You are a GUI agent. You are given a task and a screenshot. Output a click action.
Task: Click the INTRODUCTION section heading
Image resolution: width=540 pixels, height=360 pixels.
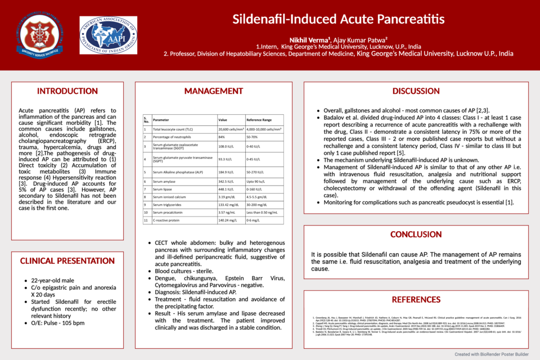(67, 91)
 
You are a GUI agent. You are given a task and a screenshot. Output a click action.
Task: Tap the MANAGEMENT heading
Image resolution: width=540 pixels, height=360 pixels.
(214, 91)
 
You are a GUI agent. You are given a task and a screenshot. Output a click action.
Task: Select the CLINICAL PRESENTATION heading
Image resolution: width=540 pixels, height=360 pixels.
(67, 261)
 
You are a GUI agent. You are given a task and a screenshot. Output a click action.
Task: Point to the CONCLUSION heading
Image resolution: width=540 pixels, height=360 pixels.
(416, 235)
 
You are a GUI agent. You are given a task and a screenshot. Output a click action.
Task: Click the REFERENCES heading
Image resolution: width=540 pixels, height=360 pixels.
(416, 299)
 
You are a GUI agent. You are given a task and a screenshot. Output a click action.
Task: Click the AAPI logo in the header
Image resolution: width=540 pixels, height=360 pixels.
(108, 35)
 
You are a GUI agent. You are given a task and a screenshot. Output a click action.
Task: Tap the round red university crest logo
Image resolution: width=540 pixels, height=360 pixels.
(40, 35)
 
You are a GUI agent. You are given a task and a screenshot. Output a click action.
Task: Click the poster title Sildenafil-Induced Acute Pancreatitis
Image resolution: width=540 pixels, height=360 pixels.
(339, 19)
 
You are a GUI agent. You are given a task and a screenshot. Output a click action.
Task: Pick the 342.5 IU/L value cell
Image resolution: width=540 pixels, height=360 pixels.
(226, 182)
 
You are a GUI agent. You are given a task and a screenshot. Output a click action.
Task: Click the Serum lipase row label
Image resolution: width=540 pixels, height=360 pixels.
(164, 190)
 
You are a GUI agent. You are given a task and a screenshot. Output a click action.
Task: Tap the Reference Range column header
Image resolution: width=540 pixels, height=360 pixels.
(259, 120)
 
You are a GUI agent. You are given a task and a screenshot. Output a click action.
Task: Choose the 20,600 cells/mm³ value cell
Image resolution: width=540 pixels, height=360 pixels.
(231, 129)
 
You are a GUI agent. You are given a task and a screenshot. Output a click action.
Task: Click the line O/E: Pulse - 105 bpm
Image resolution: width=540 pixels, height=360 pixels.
(58, 323)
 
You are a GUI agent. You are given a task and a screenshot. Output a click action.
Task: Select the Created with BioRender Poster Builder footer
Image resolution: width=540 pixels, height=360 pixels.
(492, 354)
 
